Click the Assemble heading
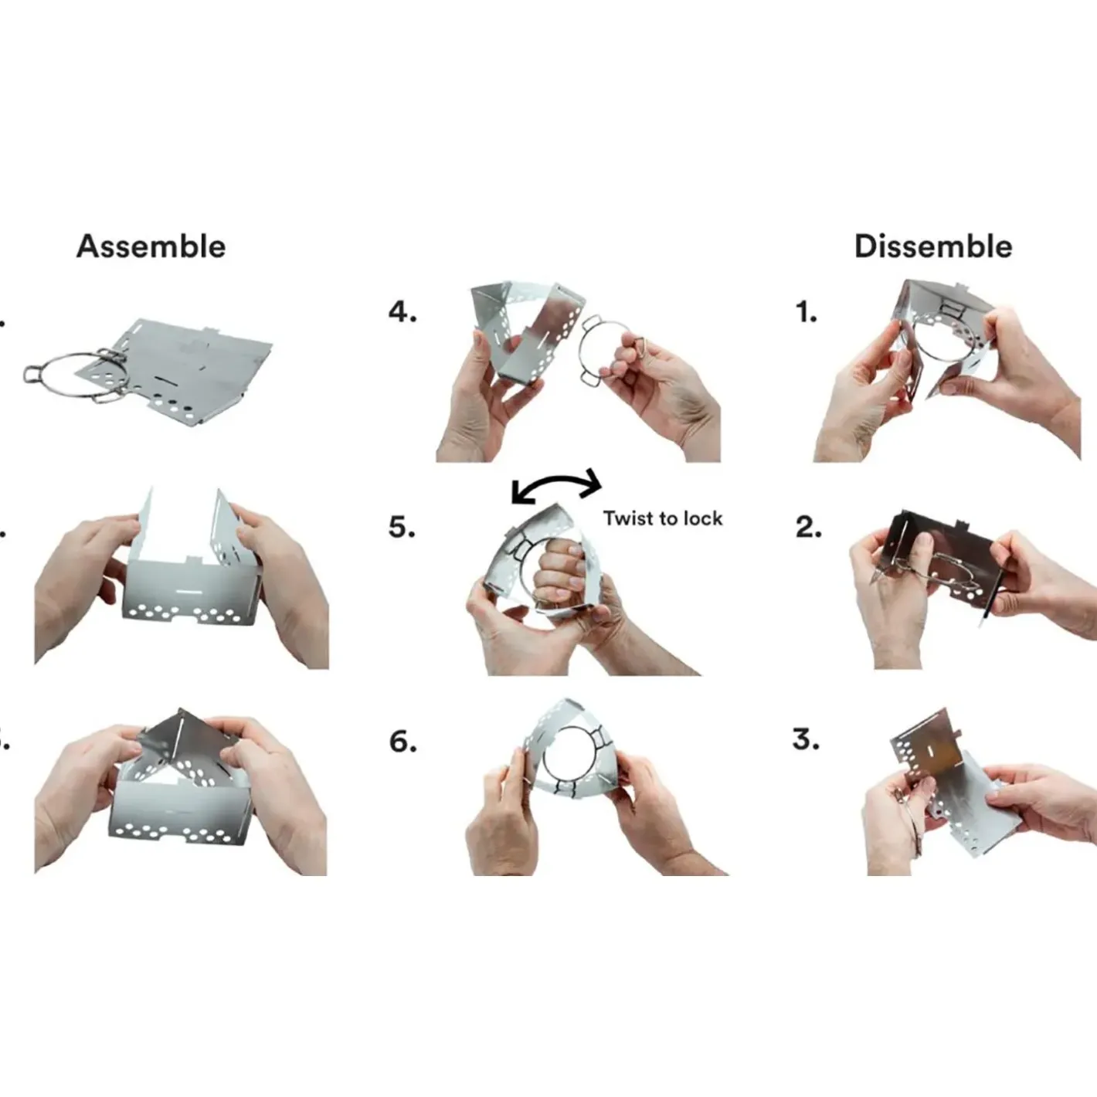151,246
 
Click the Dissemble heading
933,246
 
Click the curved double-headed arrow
557,479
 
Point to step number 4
402,312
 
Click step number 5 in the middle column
402,527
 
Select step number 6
402,741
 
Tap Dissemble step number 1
806,312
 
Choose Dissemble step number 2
809,527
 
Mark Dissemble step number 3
806,739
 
